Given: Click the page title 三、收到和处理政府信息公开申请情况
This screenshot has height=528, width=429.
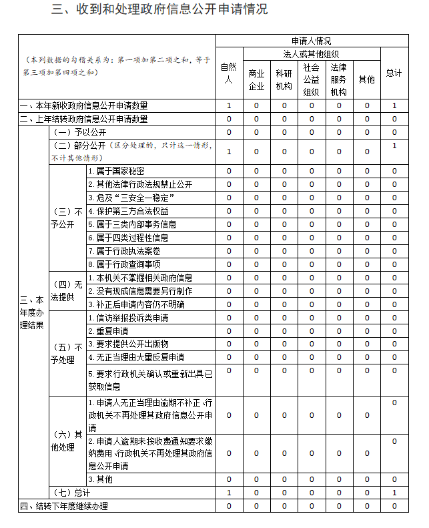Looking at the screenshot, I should (x=160, y=9).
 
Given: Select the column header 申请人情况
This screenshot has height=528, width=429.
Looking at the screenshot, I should (x=311, y=41).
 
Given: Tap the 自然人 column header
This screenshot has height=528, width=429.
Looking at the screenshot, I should (x=228, y=73).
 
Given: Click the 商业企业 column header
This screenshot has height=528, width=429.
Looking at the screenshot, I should (x=256, y=79).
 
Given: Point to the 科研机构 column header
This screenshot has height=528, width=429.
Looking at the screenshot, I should (x=284, y=79).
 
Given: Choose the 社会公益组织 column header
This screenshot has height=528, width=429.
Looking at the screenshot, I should (x=311, y=79).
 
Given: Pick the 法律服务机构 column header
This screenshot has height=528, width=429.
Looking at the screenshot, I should (x=338, y=79).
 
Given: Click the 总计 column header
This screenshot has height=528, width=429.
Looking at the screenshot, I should (x=394, y=73).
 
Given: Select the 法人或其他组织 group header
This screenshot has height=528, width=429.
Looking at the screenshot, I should (x=311, y=53).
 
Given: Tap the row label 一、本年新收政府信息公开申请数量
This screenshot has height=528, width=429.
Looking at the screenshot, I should (x=84, y=105).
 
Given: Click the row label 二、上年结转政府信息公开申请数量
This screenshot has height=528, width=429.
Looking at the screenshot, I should (x=84, y=119).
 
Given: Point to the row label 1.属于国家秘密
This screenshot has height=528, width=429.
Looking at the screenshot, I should (x=116, y=171).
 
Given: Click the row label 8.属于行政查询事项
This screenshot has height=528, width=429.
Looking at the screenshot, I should (x=124, y=264).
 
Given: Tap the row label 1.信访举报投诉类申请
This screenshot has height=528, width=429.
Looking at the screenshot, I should (x=128, y=317).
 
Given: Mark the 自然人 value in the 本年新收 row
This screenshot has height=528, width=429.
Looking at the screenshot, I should (x=228, y=105).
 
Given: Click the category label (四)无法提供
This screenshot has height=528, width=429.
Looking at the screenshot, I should (x=67, y=291).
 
